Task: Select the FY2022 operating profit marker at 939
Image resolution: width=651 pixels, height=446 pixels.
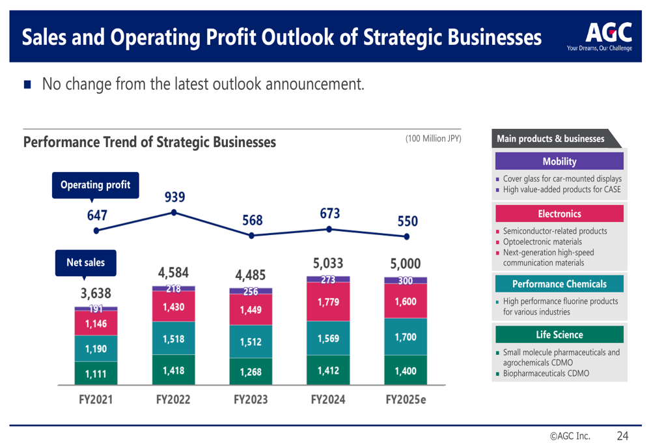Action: tap(174, 212)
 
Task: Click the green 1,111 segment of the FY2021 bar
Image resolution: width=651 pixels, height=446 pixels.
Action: tap(96, 373)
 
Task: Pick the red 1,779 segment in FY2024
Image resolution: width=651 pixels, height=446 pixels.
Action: tap(328, 302)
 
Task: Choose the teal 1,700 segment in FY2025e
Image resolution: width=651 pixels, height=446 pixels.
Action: tap(406, 337)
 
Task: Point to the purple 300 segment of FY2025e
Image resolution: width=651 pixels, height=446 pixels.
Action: tap(406, 281)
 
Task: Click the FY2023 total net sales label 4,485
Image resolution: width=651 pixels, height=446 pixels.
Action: tap(251, 274)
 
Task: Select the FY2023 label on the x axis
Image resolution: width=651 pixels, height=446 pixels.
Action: tap(251, 400)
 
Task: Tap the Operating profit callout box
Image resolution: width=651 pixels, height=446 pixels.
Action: tap(95, 185)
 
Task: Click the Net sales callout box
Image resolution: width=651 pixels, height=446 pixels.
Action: tap(85, 262)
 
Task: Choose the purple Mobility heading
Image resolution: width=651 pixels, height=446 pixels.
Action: tap(559, 161)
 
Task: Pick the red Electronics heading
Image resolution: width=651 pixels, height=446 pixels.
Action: tap(559, 214)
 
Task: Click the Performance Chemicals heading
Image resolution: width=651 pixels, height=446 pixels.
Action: tap(559, 284)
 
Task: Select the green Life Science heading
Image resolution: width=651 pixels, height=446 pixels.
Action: tap(559, 335)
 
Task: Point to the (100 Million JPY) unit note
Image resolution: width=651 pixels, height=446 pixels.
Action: tap(433, 139)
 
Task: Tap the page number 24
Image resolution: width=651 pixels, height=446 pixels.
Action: tap(622, 436)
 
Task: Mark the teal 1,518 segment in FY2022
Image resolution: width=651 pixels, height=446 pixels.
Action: tap(173, 339)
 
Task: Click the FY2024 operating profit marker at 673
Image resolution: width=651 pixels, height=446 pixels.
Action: tap(329, 229)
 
